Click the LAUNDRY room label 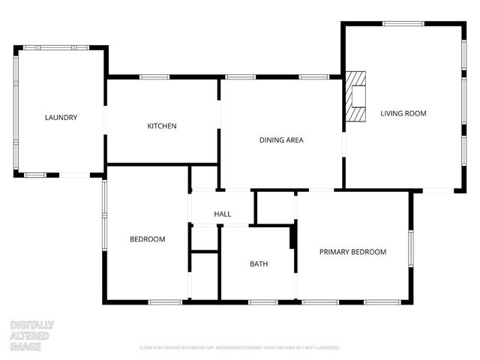pyautogui.click(x=61, y=118)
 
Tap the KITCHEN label pyautogui.click(x=161, y=126)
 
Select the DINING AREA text pyautogui.click(x=281, y=140)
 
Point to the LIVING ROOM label pyautogui.click(x=403, y=114)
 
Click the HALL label pyautogui.click(x=222, y=214)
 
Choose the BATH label pyautogui.click(x=259, y=264)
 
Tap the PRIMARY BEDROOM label pyautogui.click(x=352, y=252)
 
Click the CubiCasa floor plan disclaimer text pyautogui.click(x=240, y=348)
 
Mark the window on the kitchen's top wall pyautogui.click(x=154, y=76)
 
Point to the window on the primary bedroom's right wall pyautogui.click(x=410, y=247)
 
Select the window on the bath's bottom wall pyautogui.click(x=263, y=301)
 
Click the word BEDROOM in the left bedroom pyautogui.click(x=148, y=239)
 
